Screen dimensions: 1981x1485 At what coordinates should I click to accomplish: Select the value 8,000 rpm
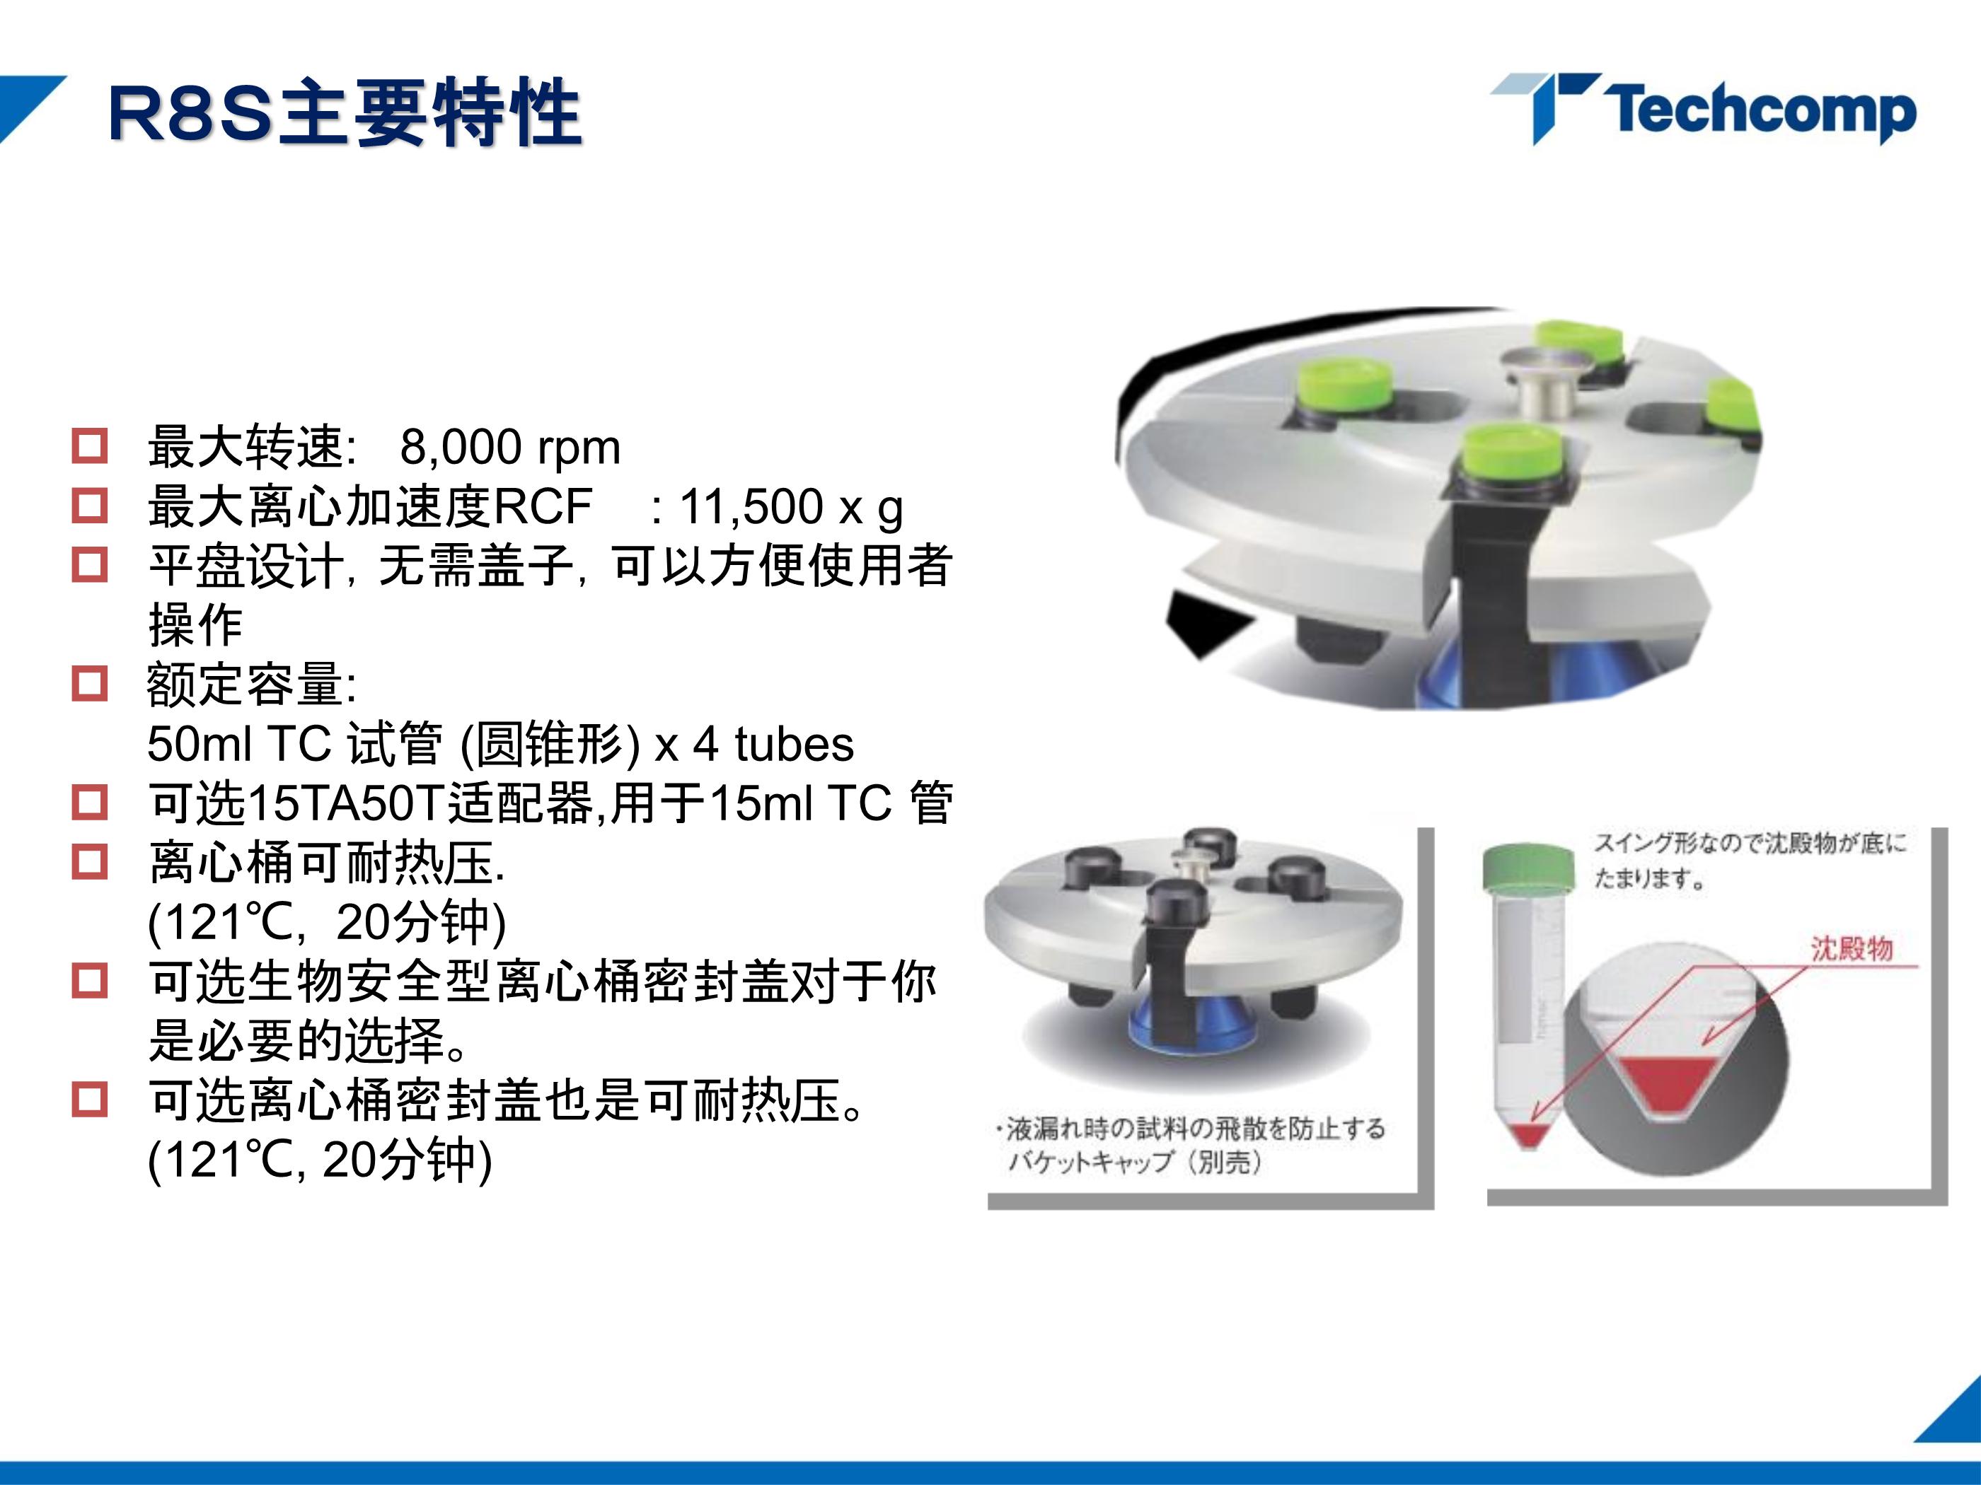pyautogui.click(x=509, y=447)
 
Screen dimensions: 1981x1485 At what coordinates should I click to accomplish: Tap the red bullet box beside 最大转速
pyautogui.click(x=90, y=445)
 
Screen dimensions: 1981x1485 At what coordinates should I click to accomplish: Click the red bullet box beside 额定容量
pyautogui.click(x=90, y=683)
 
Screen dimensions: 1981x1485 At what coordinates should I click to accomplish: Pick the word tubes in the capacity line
pyautogui.click(x=795, y=744)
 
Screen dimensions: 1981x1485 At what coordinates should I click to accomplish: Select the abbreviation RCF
pyautogui.click(x=542, y=506)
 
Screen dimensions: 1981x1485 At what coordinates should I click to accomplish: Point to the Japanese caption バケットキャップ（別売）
pyautogui.click(x=1134, y=1162)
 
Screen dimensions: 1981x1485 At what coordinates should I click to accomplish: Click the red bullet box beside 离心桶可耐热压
pyautogui.click(x=90, y=861)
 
